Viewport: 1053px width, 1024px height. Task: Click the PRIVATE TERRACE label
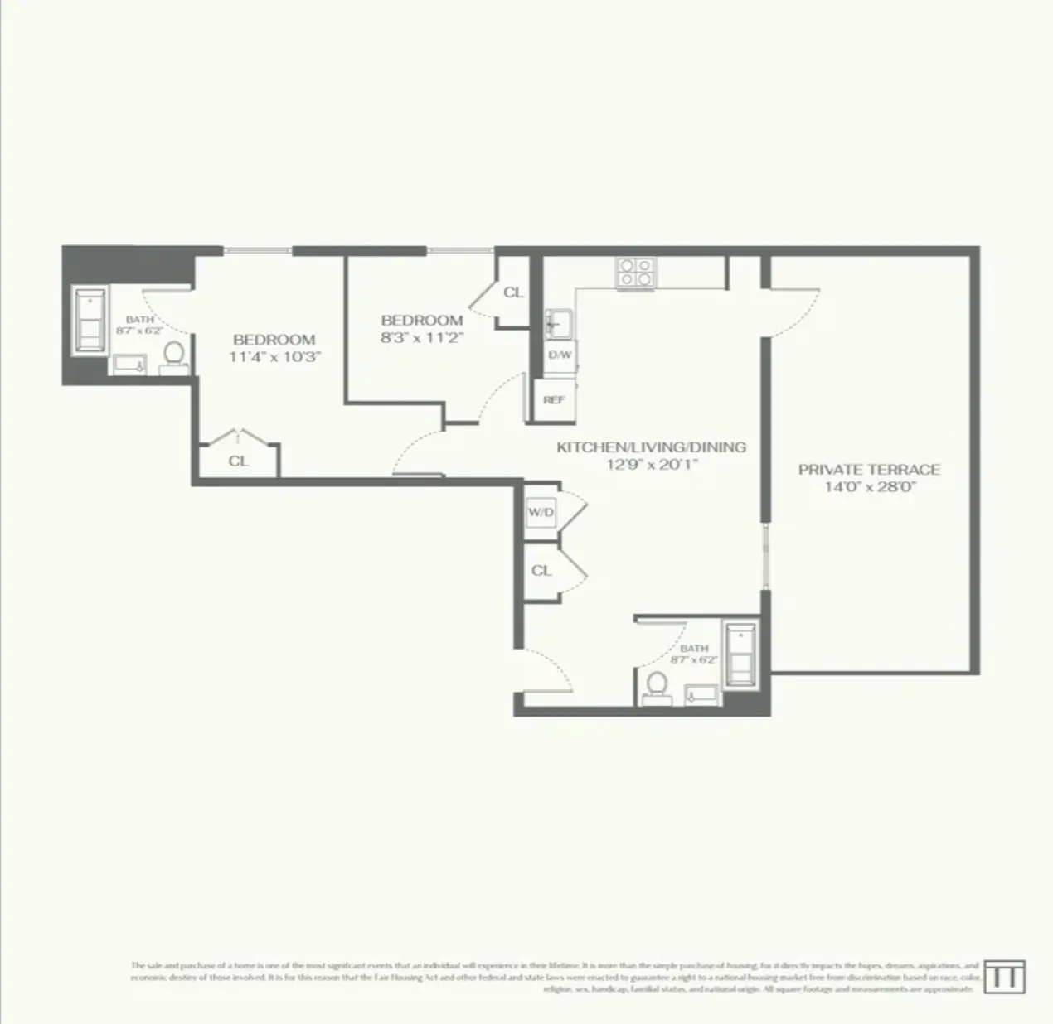869,469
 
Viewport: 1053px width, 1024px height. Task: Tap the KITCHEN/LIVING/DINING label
651,447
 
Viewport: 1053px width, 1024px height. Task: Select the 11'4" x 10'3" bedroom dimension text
274,357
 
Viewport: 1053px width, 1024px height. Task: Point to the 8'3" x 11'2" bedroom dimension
421,337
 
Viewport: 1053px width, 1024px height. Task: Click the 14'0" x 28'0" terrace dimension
869,487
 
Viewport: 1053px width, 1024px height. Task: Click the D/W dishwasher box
560,355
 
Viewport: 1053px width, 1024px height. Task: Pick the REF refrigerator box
554,399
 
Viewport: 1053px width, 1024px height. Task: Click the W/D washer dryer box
541,513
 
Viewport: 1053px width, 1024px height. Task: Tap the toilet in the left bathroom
173,355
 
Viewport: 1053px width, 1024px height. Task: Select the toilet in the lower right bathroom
657,685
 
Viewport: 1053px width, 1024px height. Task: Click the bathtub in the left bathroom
88,321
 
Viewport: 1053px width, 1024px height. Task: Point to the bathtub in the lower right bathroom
739,654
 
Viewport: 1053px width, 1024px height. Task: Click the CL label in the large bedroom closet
238,461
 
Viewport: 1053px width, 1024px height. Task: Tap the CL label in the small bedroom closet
513,292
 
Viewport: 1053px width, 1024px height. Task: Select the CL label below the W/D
541,571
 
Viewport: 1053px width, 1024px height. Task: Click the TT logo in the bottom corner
1004,977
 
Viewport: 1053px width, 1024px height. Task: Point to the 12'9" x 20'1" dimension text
651,465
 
